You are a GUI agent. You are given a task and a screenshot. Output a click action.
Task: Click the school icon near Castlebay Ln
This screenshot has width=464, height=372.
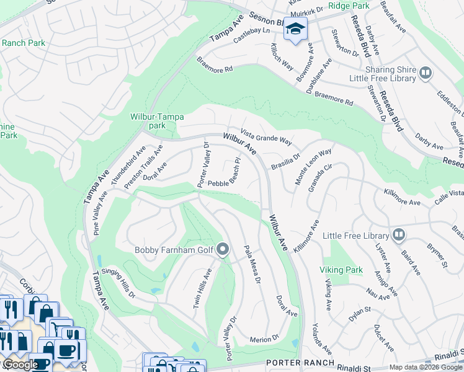296,29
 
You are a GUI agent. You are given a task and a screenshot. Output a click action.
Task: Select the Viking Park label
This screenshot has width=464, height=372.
341,270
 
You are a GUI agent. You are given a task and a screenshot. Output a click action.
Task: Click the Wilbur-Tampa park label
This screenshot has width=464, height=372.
148,121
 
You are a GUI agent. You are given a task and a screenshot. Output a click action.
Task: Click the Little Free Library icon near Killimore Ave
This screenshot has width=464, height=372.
398,236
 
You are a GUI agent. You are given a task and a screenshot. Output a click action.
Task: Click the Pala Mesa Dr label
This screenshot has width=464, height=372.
252,263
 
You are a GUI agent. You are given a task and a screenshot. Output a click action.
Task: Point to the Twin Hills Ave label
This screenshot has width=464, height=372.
205,285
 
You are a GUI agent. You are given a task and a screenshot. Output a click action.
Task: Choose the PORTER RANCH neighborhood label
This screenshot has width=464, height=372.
300,363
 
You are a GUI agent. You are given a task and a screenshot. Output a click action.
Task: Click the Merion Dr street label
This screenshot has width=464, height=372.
265,339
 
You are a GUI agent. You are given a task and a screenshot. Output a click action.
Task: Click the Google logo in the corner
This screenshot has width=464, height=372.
20,365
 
